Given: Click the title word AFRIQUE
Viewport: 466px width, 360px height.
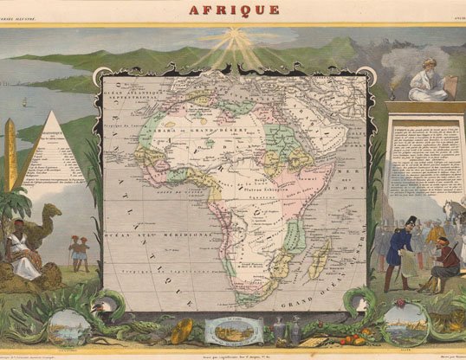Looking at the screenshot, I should coord(233,10).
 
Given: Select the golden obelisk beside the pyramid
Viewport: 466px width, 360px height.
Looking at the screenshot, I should coord(11,156).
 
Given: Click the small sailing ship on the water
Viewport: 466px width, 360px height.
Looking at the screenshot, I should coord(25,100).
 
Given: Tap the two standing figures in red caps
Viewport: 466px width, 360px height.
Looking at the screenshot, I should coord(79,252).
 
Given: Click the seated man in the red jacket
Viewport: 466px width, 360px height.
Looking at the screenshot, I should coord(446,260).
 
